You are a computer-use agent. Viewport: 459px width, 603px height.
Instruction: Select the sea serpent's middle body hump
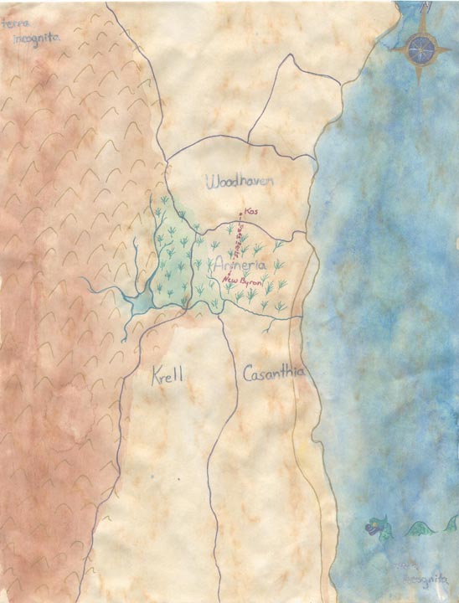click(x=416, y=528)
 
